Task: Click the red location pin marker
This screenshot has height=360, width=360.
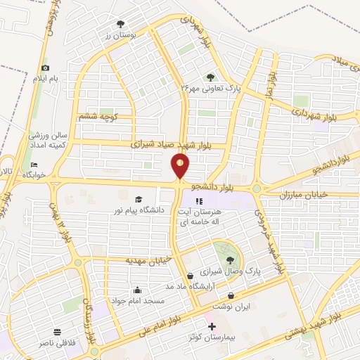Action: click(181, 166)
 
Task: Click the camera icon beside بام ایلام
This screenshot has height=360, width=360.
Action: click(46, 67)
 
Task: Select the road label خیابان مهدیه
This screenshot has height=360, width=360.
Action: click(148, 261)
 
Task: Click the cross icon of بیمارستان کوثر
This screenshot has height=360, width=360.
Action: click(212, 328)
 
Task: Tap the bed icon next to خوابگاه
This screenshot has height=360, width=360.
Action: click(34, 165)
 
